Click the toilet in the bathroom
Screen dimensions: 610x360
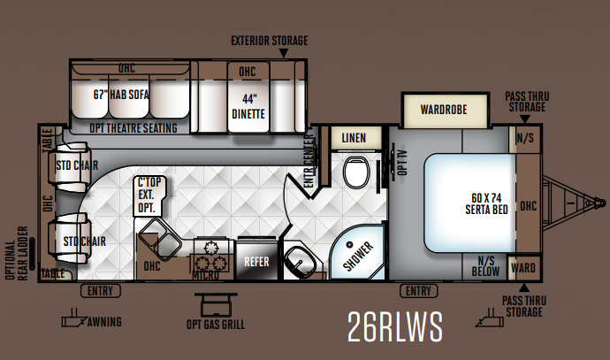[x=356, y=172]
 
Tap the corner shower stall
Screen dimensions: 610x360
[x=357, y=253]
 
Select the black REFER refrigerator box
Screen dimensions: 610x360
[x=256, y=260]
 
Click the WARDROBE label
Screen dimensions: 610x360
[x=444, y=110]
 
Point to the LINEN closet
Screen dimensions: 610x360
[x=354, y=138]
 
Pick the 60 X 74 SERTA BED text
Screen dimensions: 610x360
[x=487, y=203]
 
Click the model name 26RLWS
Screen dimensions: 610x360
[x=394, y=326]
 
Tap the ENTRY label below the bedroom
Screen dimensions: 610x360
[x=418, y=291]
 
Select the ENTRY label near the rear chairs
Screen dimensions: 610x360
[x=101, y=291]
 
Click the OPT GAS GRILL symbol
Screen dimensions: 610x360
[x=216, y=305]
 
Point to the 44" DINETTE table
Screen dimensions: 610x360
[x=248, y=97]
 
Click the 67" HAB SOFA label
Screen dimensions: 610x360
[x=121, y=95]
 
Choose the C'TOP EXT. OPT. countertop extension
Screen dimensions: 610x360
[x=149, y=195]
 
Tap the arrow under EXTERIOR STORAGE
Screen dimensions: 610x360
[x=284, y=53]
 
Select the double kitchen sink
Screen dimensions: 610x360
[x=160, y=239]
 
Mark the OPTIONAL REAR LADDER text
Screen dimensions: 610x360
[x=17, y=253]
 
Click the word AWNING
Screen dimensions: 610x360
[x=104, y=322]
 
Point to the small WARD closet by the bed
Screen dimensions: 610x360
[x=524, y=268]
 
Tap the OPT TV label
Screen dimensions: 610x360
[x=402, y=162]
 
